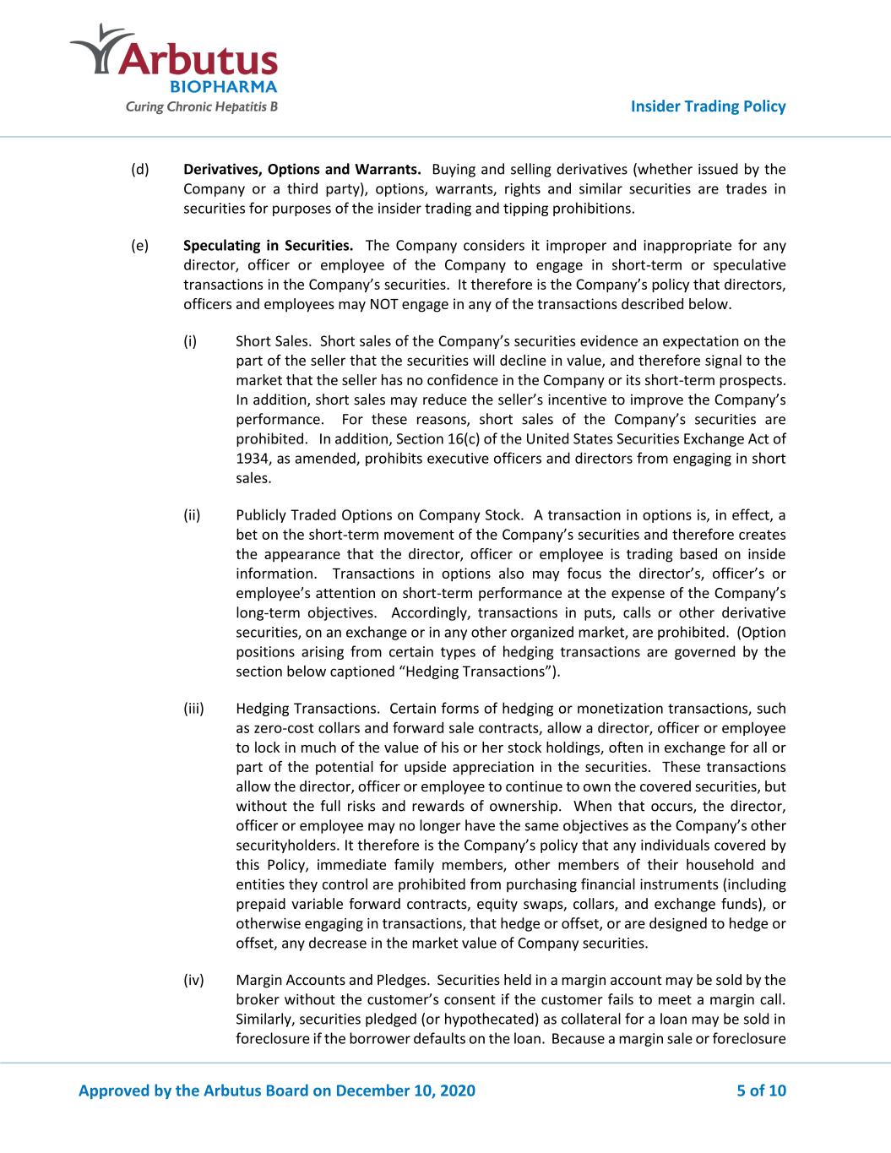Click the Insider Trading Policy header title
click(x=708, y=106)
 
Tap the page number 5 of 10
click(x=761, y=1090)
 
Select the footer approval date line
click(x=277, y=1090)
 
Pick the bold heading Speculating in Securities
click(x=268, y=246)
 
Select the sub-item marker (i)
click(x=190, y=341)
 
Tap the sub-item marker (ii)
click(x=192, y=515)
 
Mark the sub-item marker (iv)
click(x=193, y=980)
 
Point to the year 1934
click(x=252, y=459)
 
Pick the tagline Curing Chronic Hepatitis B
click(x=196, y=107)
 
